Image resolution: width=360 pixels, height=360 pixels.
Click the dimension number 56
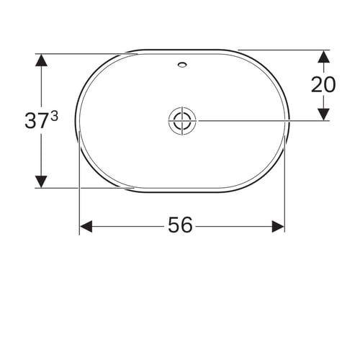(x=180, y=225)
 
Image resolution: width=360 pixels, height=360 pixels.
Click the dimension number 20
(x=323, y=84)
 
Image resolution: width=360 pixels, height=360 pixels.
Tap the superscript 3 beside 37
(x=55, y=117)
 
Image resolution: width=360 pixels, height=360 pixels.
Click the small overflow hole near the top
(x=182, y=64)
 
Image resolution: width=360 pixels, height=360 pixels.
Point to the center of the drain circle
(x=182, y=121)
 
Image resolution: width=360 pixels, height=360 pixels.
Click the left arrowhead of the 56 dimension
(x=86, y=227)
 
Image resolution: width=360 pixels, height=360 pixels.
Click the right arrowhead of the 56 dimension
(x=278, y=227)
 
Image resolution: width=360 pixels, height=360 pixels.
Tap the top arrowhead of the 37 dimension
(x=41, y=60)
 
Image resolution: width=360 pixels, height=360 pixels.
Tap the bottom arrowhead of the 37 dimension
(x=41, y=181)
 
